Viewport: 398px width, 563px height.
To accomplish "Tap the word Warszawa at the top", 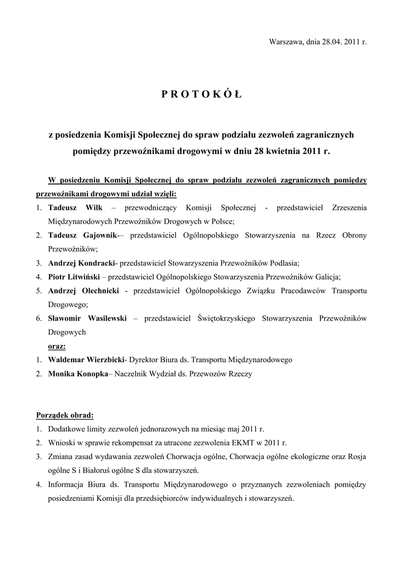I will click(x=285, y=42).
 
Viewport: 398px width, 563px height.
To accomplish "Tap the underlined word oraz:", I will click(x=57, y=346).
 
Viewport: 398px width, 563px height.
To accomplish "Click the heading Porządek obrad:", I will click(x=64, y=415).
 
